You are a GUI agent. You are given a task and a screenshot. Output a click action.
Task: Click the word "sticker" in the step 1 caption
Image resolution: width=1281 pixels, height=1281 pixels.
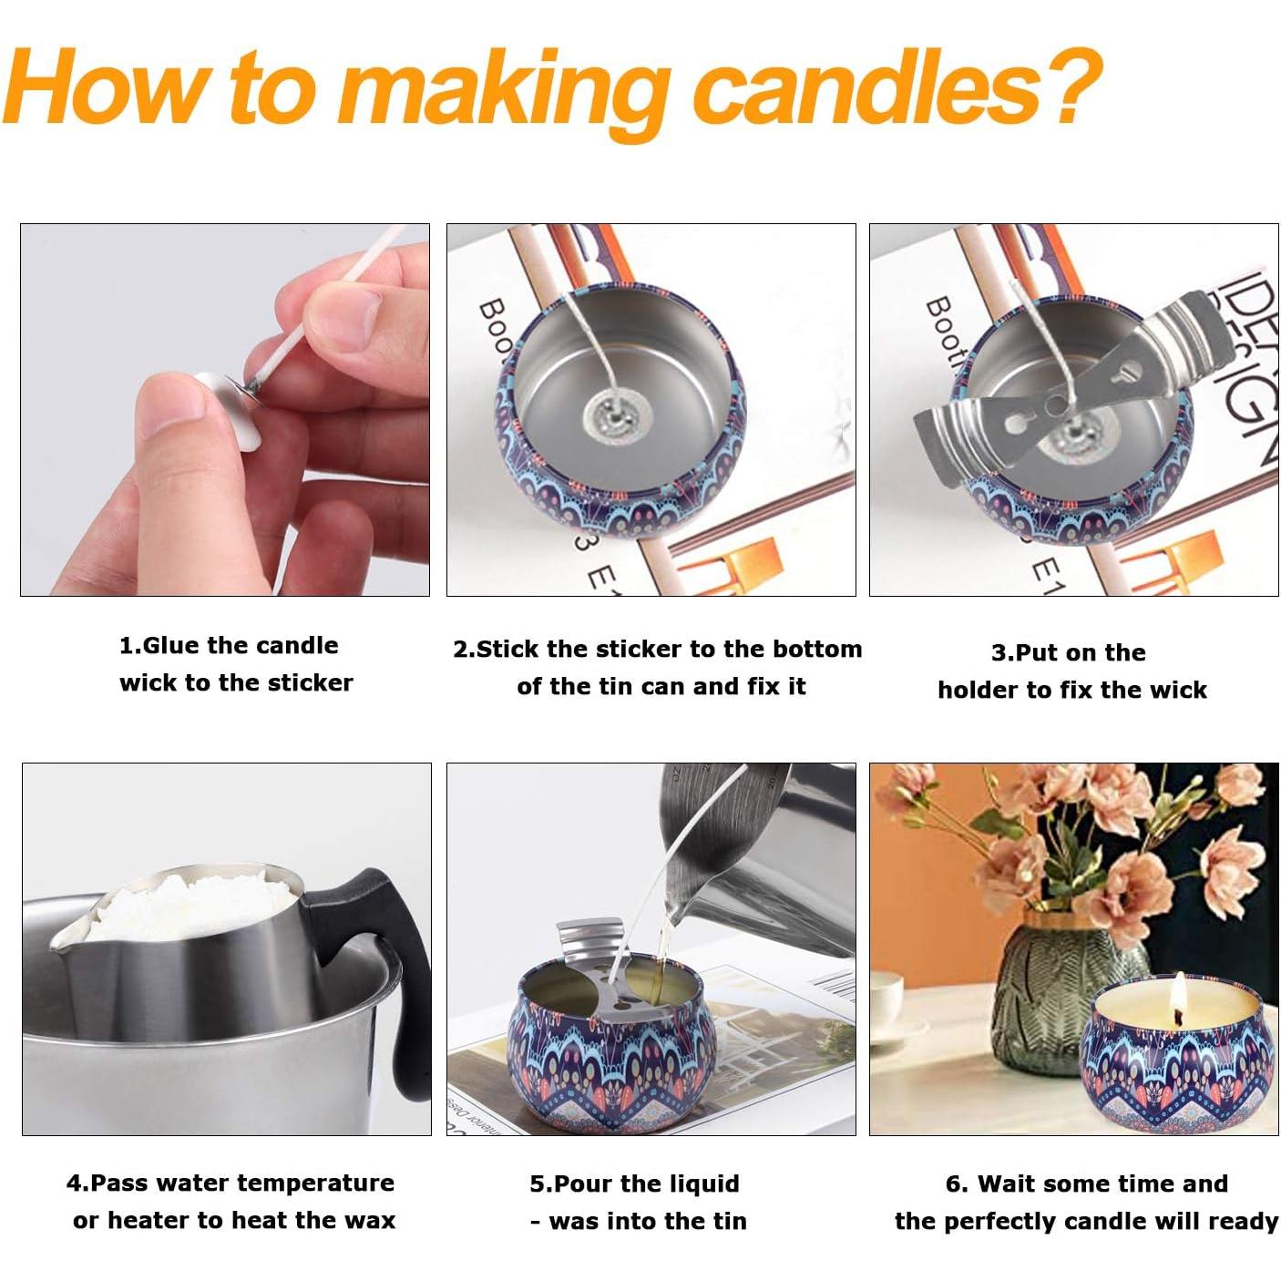click(x=305, y=682)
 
